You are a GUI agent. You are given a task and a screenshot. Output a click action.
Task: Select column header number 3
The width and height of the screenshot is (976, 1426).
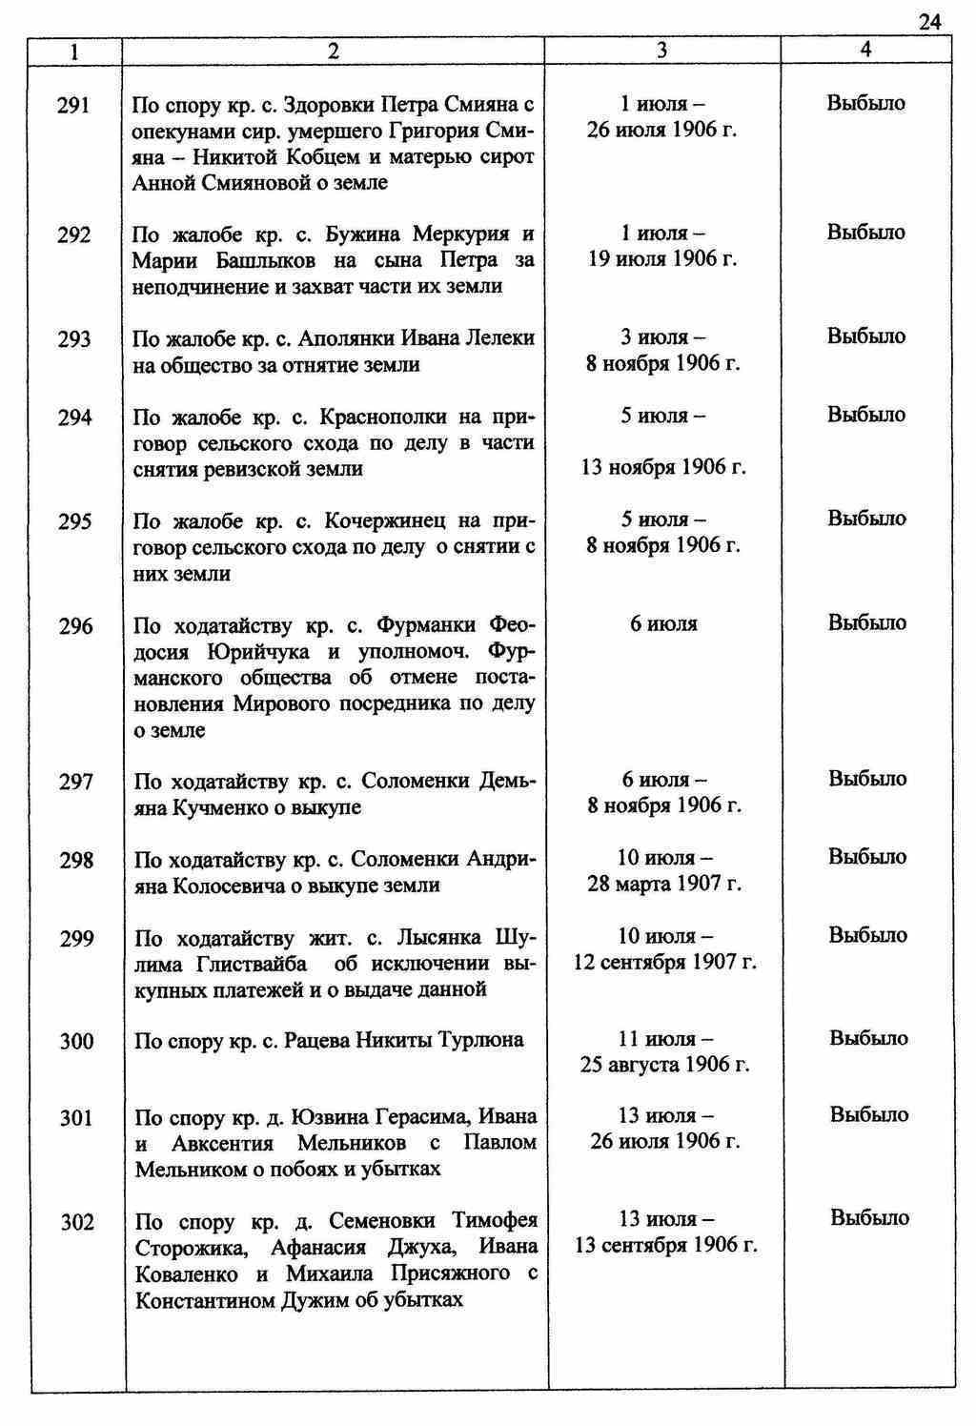[661, 51]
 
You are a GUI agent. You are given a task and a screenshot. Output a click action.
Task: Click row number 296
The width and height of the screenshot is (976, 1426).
[75, 626]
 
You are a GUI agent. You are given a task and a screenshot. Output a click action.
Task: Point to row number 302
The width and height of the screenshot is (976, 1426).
[77, 1222]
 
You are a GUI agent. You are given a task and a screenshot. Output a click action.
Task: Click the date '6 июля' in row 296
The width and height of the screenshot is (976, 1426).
[663, 624]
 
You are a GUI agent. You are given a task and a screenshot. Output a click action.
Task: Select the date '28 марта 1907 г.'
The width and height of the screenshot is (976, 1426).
[664, 884]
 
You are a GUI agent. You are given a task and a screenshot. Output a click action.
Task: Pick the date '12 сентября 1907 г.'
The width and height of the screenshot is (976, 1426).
[664, 962]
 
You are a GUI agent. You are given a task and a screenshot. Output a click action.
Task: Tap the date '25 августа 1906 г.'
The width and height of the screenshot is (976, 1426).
[664, 1065]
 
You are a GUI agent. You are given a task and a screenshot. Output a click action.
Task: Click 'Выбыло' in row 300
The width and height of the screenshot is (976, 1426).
[868, 1038]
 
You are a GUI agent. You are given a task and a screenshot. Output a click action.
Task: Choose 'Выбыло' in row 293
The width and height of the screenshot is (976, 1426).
[865, 336]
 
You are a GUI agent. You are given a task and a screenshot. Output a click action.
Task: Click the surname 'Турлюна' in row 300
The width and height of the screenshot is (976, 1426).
[484, 1040]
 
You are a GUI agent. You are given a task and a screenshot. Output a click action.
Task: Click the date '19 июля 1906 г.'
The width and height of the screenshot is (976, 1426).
[662, 259]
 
